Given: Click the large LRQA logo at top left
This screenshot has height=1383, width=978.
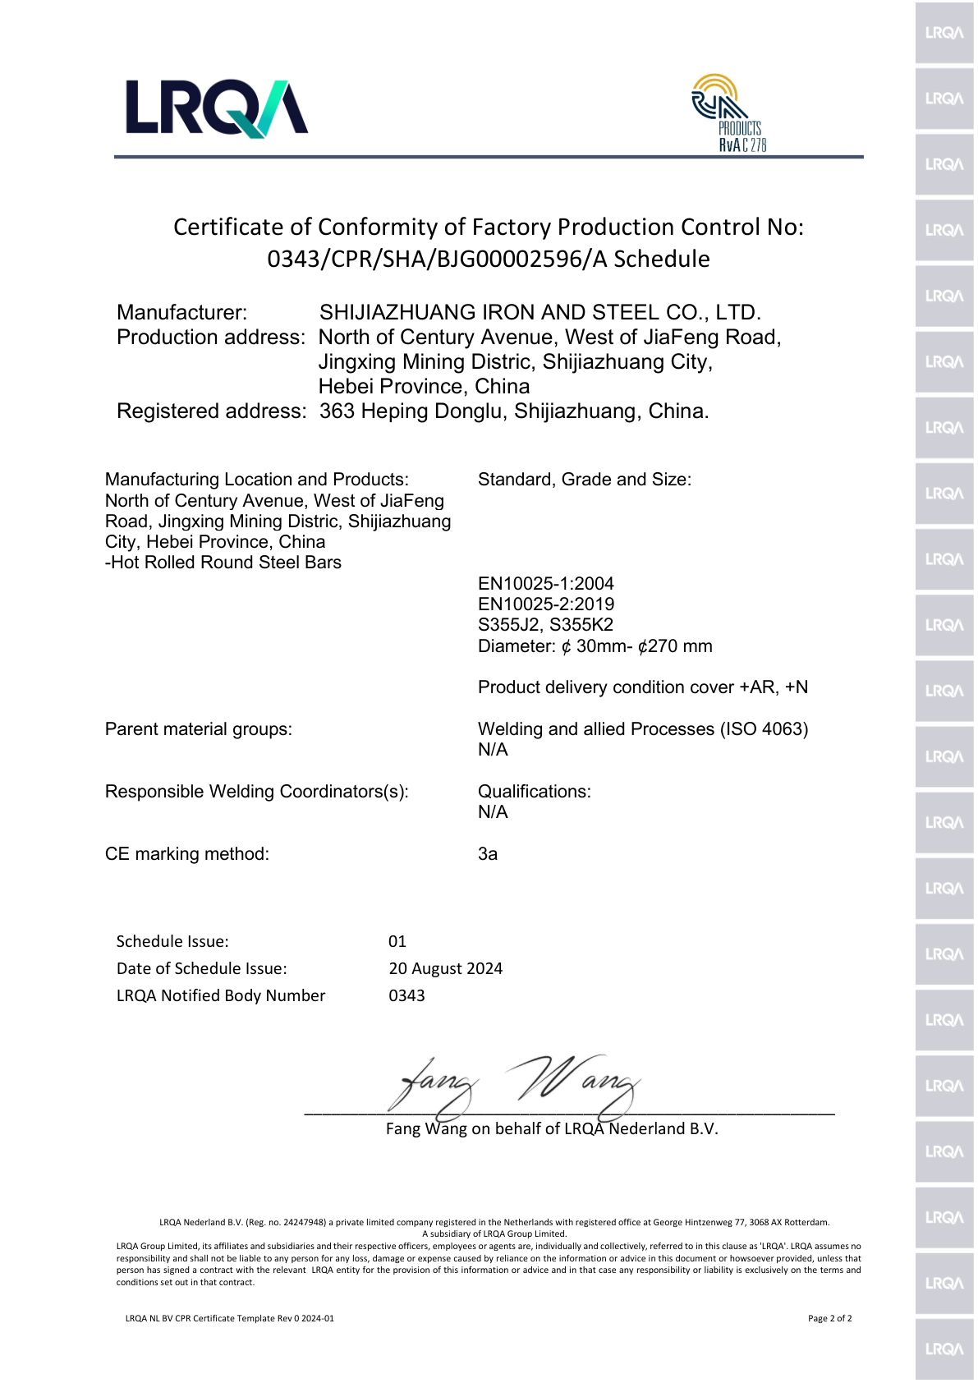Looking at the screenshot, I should tap(216, 108).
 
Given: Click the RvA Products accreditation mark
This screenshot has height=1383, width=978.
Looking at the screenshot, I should tap(728, 113).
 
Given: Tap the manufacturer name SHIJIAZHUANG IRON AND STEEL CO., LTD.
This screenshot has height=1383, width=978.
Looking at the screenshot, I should tap(540, 313).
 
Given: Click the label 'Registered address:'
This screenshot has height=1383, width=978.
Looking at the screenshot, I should tap(211, 411).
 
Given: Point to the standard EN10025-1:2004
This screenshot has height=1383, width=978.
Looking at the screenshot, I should tap(545, 584).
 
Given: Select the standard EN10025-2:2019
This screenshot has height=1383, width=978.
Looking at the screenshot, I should tap(545, 604).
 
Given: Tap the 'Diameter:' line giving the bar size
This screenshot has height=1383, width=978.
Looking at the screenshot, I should tap(595, 646).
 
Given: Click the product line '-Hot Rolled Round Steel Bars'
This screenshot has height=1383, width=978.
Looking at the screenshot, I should tap(223, 563).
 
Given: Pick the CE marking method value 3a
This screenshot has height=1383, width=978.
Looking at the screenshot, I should tap(488, 854).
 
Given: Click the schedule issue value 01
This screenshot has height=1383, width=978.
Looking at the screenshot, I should tap(397, 942).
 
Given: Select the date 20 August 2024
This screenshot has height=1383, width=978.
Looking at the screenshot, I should tap(445, 969).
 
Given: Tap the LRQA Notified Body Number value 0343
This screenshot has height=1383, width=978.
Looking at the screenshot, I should tap(406, 996).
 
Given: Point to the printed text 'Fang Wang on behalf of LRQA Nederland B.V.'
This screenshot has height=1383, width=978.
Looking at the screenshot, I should tap(552, 1129).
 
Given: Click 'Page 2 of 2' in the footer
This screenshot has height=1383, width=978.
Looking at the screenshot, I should tap(829, 1318).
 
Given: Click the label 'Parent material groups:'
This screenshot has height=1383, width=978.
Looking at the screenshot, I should tap(199, 729).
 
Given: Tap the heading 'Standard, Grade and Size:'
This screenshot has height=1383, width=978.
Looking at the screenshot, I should tap(584, 480).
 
